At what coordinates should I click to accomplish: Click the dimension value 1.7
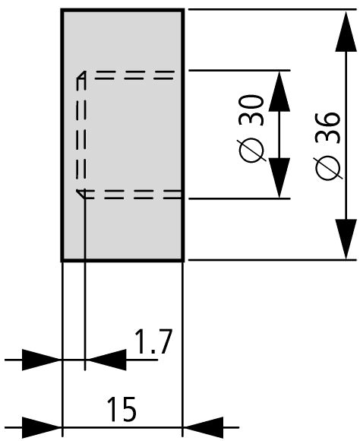[x=153, y=341]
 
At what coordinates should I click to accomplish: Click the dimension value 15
[x=122, y=409]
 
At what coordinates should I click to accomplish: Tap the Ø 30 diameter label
[x=251, y=129]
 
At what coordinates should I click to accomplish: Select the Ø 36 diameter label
[x=328, y=146]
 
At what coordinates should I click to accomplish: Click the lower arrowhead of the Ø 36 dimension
[x=346, y=239]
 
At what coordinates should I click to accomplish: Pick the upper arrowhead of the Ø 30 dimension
[x=279, y=91]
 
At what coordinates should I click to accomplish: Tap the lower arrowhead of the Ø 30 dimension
[x=279, y=178]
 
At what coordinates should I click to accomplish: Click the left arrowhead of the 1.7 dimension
[x=41, y=360]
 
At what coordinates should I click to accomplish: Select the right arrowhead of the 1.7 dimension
[x=106, y=360]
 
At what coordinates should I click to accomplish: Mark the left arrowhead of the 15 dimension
[x=41, y=428]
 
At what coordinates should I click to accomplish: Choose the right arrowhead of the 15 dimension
[x=204, y=428]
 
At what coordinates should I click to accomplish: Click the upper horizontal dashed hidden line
[x=134, y=75]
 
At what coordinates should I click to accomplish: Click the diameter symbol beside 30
[x=251, y=151]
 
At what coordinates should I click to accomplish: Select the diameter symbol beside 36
[x=328, y=168]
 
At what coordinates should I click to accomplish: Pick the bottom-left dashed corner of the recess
[x=81, y=194]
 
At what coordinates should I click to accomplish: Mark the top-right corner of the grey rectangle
[x=183, y=10]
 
